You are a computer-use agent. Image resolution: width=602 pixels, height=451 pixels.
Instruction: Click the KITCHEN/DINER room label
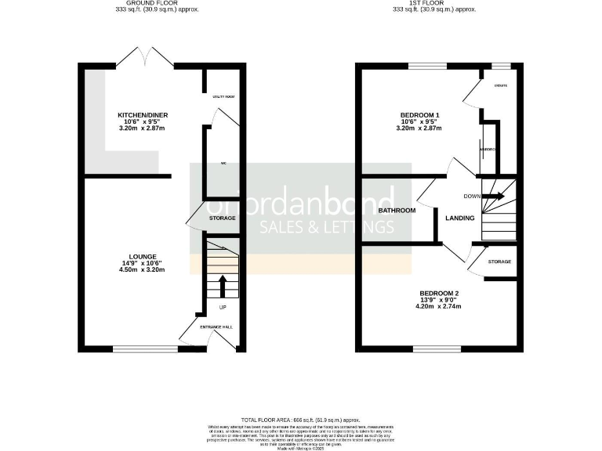click(x=143, y=115)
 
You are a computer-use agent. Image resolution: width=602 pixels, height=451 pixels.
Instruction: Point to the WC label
click(x=223, y=163)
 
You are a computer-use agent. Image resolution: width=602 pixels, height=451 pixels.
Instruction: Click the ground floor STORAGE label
click(x=223, y=218)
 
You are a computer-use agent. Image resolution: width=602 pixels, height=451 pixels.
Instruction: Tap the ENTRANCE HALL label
click(x=216, y=327)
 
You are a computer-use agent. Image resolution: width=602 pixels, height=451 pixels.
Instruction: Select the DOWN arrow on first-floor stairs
click(x=494, y=197)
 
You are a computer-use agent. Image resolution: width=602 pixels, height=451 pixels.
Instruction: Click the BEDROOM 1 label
click(x=419, y=115)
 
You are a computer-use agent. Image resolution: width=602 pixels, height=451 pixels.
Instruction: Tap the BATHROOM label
click(x=397, y=211)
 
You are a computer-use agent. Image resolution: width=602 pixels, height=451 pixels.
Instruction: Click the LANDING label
click(x=459, y=218)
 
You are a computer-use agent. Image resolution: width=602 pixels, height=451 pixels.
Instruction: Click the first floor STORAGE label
click(x=499, y=262)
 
